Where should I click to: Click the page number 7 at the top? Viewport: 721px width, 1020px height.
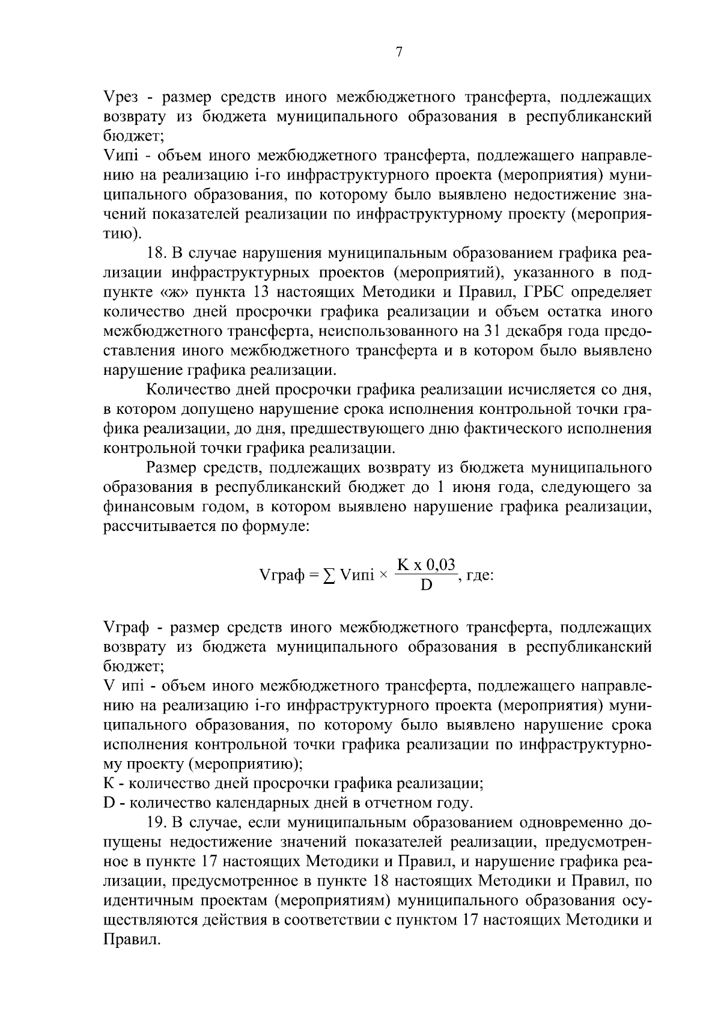click(399, 52)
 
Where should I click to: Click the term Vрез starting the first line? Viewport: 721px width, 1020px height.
click(121, 97)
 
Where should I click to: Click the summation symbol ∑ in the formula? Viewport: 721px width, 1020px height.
click(329, 575)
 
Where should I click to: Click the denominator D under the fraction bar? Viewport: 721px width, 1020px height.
click(426, 584)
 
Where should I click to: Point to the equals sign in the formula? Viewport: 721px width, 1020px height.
click(313, 575)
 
